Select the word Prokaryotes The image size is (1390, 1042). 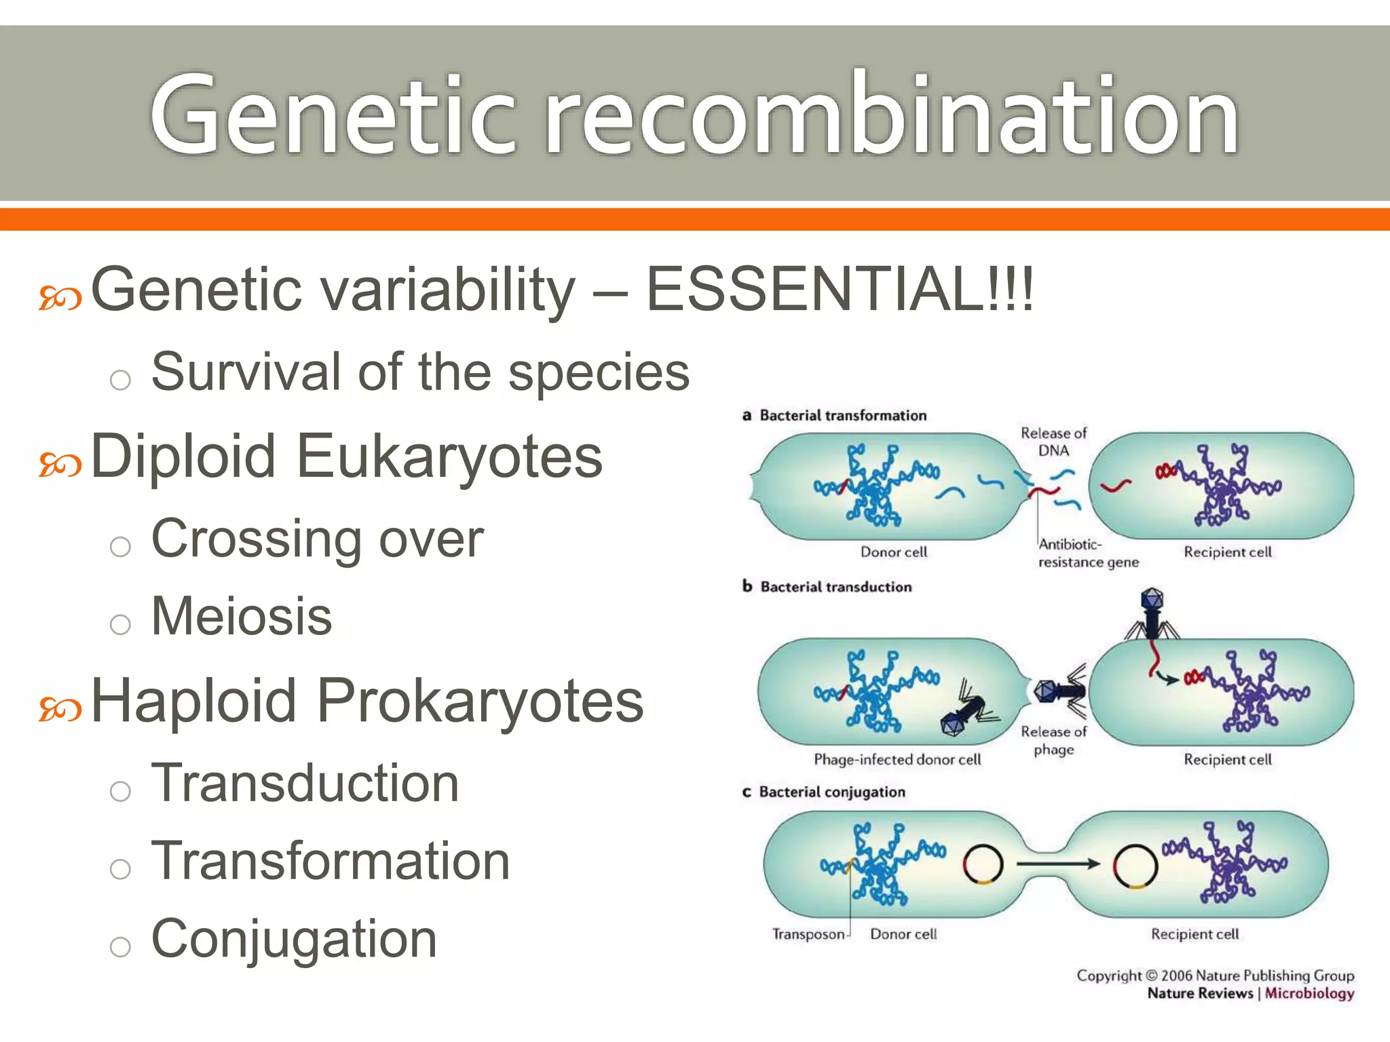point(480,701)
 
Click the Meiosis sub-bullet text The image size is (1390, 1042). point(242,616)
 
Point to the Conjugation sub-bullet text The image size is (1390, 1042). point(294,939)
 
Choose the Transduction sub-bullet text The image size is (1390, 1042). point(305,783)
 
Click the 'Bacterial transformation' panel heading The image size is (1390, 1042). point(842,415)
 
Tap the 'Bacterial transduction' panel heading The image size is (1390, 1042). point(835,587)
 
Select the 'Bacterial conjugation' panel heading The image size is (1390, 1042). point(831,792)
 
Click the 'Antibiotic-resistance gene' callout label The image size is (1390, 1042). point(1087,553)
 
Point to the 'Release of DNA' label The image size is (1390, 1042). point(1053,442)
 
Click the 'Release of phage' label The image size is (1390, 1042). point(1053,740)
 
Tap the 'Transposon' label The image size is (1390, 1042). point(808,934)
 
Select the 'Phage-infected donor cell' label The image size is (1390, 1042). point(897,759)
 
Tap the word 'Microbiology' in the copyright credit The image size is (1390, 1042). point(1309,993)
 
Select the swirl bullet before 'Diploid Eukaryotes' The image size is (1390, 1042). point(60,465)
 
